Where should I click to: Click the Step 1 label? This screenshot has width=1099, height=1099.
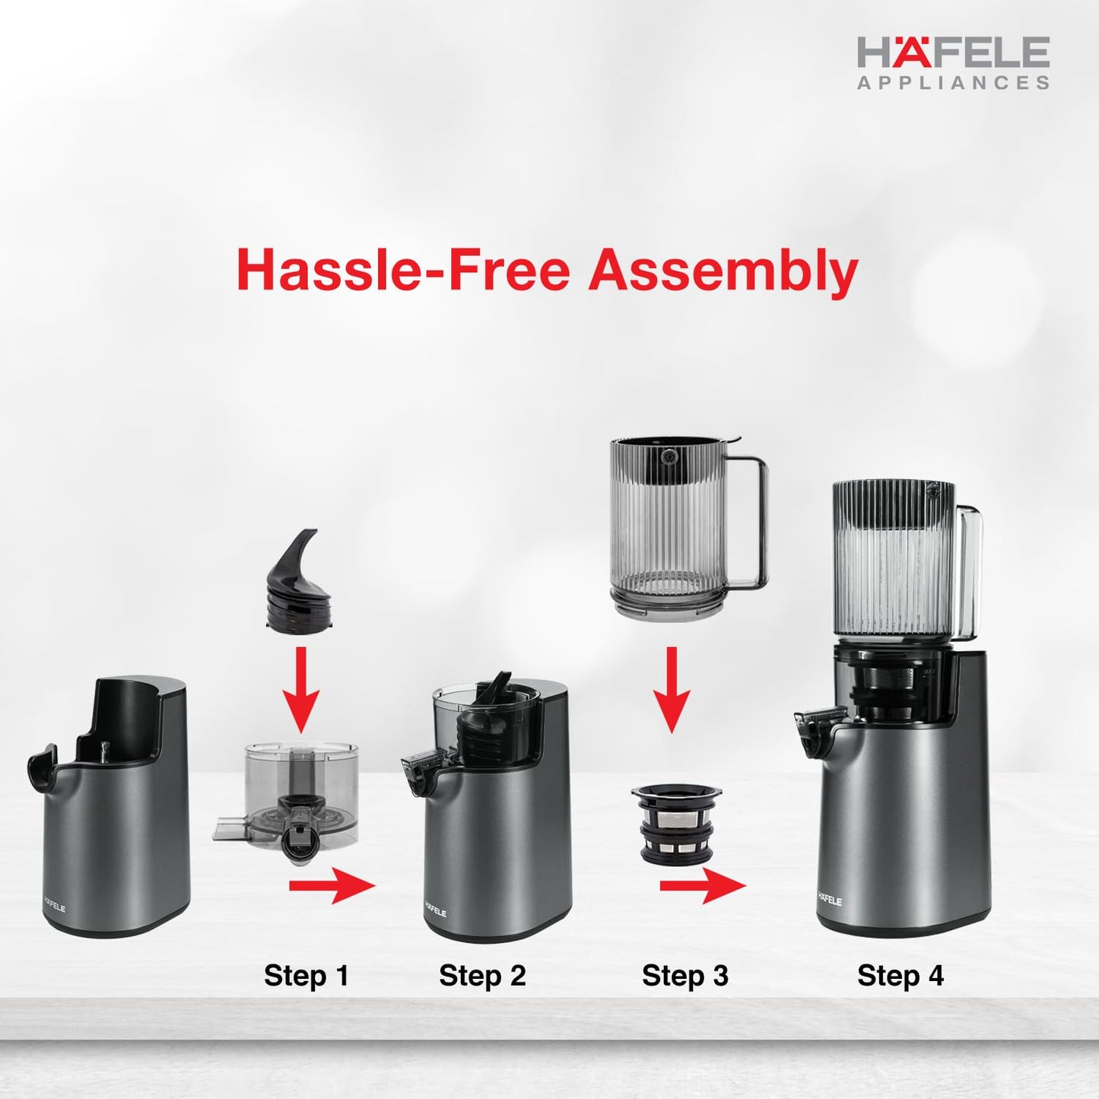pos(306,975)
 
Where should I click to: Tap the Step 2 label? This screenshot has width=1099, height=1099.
pos(482,975)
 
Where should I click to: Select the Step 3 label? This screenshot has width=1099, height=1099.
pos(684,975)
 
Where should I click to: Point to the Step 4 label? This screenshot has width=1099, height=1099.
pos(900,975)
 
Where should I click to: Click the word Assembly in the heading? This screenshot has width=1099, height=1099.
pos(723,272)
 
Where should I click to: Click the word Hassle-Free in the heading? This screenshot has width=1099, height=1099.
pos(403,270)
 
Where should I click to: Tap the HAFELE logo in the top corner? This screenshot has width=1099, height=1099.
pos(953,53)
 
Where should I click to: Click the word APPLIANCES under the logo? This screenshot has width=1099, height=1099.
pos(953,83)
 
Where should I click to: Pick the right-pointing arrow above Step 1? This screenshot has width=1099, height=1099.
pos(332,885)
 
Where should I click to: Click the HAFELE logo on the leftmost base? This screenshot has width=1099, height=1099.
pos(54,908)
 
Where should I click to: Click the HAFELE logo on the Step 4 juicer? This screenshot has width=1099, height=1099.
pos(830,900)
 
